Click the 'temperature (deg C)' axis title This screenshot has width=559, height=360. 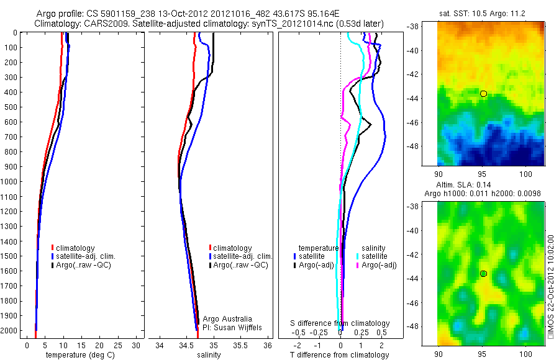(x=78, y=355)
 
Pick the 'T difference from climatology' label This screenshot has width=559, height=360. (x=340, y=355)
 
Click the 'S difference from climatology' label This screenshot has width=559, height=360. (x=340, y=323)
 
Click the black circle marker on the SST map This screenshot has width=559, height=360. (x=483, y=94)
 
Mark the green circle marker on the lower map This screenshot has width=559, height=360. (x=483, y=274)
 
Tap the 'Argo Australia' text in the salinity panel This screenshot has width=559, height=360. (x=228, y=318)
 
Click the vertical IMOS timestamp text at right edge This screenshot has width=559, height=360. (x=551, y=286)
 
